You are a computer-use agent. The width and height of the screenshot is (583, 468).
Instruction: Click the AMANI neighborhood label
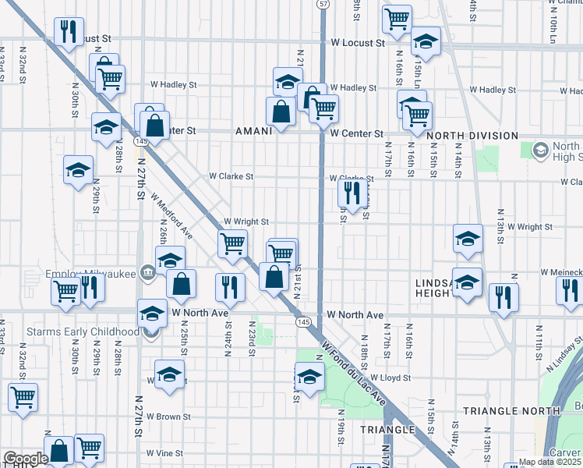pyautogui.click(x=253, y=132)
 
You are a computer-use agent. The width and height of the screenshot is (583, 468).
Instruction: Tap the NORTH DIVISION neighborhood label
pyautogui.click(x=473, y=135)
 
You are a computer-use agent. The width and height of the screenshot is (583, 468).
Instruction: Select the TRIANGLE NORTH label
pyautogui.click(x=511, y=410)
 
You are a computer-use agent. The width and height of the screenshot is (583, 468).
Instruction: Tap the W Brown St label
pyautogui.click(x=168, y=417)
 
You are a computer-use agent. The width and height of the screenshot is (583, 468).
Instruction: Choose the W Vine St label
pyautogui.click(x=164, y=452)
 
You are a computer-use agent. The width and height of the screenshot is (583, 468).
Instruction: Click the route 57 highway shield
pyautogui.click(x=323, y=5)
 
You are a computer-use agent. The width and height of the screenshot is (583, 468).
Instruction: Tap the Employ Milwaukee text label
pyautogui.click(x=87, y=274)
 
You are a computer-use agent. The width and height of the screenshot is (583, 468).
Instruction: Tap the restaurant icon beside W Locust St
pyautogui.click(x=69, y=32)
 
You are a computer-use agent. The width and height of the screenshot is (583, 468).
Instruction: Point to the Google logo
pyautogui.click(x=25, y=459)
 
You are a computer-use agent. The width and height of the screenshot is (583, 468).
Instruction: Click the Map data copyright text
pyautogui.click(x=549, y=462)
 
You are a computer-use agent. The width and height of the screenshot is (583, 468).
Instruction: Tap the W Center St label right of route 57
pyautogui.click(x=356, y=133)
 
